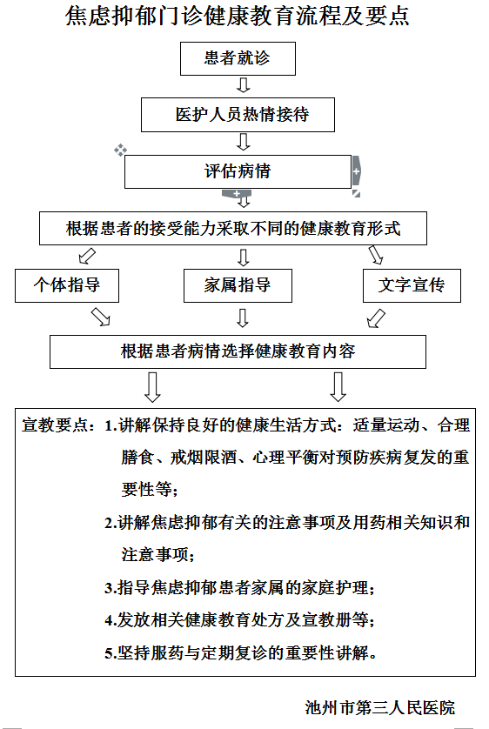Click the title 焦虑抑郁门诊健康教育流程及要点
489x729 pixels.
[238, 17]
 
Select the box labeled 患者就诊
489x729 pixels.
[238, 58]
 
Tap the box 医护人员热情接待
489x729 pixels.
[238, 115]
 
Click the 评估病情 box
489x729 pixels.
[238, 171]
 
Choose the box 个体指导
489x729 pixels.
[67, 285]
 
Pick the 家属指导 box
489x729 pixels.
[238, 285]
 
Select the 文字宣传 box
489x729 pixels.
[412, 285]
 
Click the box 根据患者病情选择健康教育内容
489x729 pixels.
[238, 352]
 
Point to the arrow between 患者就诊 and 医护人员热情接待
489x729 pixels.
[243, 85]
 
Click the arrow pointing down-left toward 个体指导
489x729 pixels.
[87, 256]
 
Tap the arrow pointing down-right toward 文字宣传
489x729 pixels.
[376, 255]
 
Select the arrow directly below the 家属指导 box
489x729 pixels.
[243, 318]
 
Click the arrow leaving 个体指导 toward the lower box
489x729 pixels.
[100, 317]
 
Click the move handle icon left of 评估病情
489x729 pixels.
[120, 150]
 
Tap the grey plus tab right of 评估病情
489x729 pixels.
[357, 171]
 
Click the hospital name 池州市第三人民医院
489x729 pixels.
[380, 707]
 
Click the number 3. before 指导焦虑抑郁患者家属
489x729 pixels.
[111, 589]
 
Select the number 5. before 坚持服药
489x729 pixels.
[111, 653]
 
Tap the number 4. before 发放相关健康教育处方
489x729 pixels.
[111, 620]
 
